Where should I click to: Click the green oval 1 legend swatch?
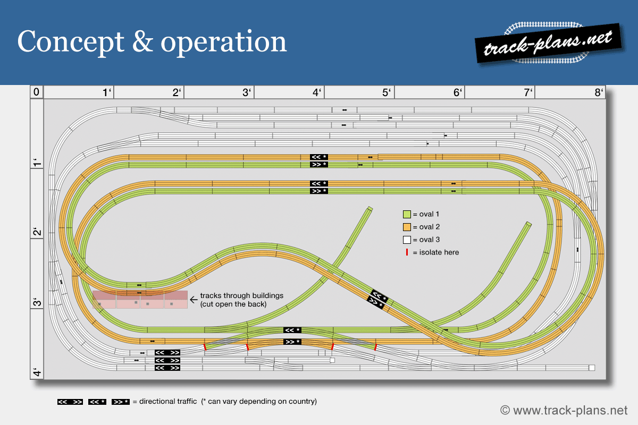pyautogui.click(x=407, y=215)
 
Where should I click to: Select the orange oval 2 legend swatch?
pyautogui.click(x=407, y=227)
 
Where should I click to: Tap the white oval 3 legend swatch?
pyautogui.click(x=407, y=240)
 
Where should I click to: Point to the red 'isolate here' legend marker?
pyautogui.click(x=407, y=252)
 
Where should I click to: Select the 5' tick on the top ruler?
pyautogui.click(x=387, y=92)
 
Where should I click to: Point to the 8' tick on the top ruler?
pyautogui.click(x=599, y=92)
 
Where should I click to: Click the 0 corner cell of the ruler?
pyautogui.click(x=36, y=92)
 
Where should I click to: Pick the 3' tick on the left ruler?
pyautogui.click(x=36, y=303)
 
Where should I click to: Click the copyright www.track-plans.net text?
pyautogui.click(x=564, y=410)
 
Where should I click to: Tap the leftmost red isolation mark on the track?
pyautogui.click(x=205, y=347)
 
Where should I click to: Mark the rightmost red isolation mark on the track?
pyautogui.click(x=375, y=347)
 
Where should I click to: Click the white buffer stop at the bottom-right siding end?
pyautogui.click(x=591, y=368)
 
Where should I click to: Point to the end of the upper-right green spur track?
pyautogui.click(x=528, y=225)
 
